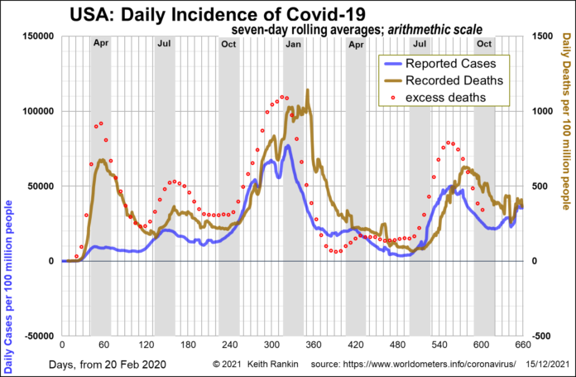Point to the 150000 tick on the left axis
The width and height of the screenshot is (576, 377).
(x=36, y=36)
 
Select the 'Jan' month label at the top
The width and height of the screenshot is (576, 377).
(x=293, y=42)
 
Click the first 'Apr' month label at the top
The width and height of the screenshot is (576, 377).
(x=100, y=42)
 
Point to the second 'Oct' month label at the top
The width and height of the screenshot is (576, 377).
(x=484, y=42)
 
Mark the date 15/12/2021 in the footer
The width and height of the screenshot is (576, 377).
(x=549, y=364)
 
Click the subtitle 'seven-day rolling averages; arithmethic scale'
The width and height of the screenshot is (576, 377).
(x=358, y=29)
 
